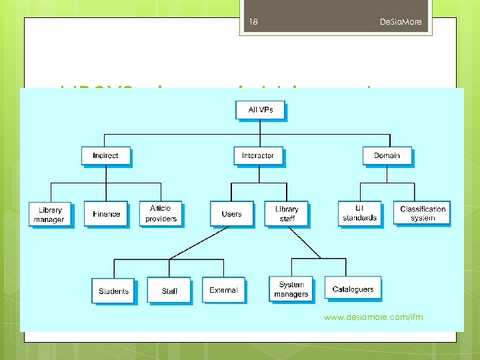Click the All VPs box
pyautogui.click(x=261, y=110)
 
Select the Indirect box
pyautogui.click(x=105, y=155)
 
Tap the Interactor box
pyautogui.click(x=258, y=155)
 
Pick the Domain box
pyautogui.click(x=387, y=155)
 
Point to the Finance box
pyautogui.click(x=106, y=214)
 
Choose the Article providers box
pyautogui.click(x=161, y=213)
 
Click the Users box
pyautogui.click(x=231, y=214)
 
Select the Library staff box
pyautogui.click(x=287, y=213)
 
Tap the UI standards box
pyautogui.click(x=359, y=213)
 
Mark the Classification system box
pyautogui.click(x=423, y=213)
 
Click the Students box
pyautogui.click(x=113, y=291)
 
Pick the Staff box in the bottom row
pyautogui.click(x=169, y=291)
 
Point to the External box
pyautogui.click(x=223, y=290)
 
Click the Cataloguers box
pyautogui.click(x=353, y=289)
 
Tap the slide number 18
pyautogui.click(x=253, y=22)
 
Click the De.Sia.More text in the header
pyautogui.click(x=401, y=22)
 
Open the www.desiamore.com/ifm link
pyautogui.click(x=373, y=317)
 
